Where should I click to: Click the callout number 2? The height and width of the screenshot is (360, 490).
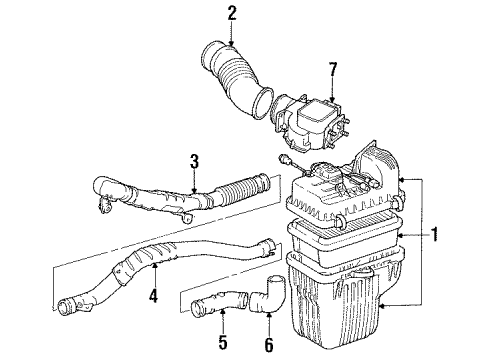point(232,13)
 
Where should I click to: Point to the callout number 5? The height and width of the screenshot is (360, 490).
point(223,325)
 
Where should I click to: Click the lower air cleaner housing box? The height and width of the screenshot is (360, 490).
point(345,300)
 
